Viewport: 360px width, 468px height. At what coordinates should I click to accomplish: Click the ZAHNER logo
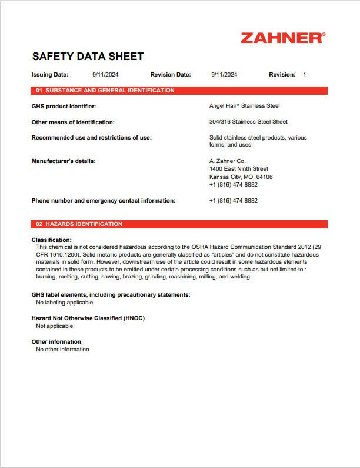(282, 38)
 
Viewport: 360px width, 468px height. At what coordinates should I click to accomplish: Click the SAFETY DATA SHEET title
(88, 57)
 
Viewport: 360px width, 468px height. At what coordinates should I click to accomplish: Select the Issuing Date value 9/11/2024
(105, 75)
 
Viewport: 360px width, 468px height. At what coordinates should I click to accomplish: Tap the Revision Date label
(171, 75)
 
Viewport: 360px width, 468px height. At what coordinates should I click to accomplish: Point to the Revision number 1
(304, 75)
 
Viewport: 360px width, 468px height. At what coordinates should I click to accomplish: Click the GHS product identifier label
(64, 106)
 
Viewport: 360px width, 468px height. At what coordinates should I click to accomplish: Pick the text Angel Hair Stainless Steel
(244, 106)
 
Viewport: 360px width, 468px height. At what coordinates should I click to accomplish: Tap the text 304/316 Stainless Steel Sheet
(248, 122)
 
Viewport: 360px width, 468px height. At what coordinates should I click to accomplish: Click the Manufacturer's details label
(64, 161)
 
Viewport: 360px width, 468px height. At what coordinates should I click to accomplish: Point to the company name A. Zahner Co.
(227, 161)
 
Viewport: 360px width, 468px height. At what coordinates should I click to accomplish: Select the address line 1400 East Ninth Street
(238, 169)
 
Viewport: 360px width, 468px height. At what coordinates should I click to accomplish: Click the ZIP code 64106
(264, 177)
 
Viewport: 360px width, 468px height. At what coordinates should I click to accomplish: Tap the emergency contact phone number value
(233, 201)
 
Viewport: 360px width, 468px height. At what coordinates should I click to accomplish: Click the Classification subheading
(51, 240)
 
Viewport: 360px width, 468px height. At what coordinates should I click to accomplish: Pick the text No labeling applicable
(64, 303)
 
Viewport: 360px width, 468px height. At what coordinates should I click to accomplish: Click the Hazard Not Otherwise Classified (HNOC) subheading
(88, 318)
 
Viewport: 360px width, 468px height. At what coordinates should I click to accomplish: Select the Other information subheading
(56, 342)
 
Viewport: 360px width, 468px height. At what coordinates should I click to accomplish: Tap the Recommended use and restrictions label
(91, 138)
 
